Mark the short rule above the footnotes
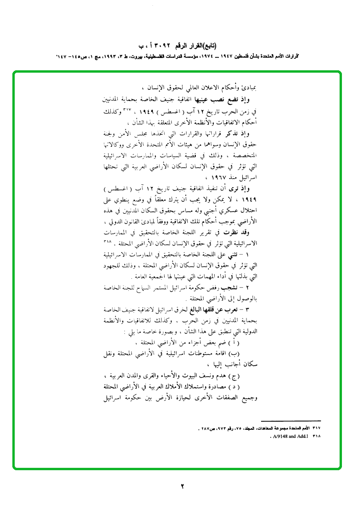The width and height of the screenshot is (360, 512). coord(292,421)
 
